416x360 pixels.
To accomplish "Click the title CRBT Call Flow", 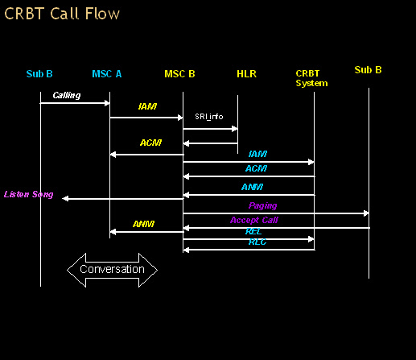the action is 62,14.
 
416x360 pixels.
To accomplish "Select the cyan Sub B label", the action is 39,74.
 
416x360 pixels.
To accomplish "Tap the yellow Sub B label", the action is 368,70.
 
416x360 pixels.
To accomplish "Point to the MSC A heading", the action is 107,74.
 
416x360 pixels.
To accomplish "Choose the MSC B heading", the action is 179,74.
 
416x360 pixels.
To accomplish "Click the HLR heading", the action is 246,74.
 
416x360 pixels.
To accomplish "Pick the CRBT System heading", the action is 311,78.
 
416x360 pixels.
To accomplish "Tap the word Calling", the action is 67,95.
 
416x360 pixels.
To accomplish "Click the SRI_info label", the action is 209,117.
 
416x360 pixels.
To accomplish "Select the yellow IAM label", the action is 147,106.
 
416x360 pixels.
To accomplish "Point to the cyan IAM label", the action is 257,154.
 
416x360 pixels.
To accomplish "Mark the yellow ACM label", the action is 150,143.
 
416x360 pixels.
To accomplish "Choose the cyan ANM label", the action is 252,187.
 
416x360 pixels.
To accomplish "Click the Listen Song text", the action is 29,194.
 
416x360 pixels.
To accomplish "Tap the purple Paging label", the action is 262,206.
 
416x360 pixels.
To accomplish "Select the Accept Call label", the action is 254,221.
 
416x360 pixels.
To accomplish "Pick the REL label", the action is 253,231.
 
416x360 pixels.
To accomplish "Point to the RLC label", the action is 257,242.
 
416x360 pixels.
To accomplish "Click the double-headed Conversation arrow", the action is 112,270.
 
